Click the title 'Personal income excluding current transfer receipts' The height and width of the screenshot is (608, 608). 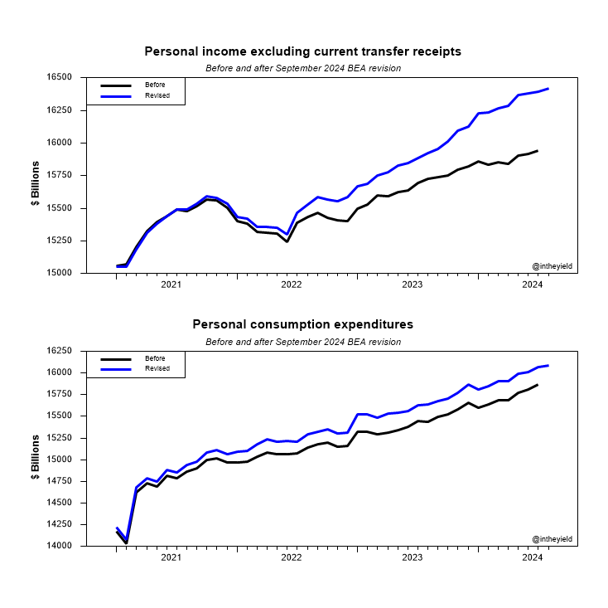point(302,51)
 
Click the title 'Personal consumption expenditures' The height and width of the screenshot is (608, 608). point(302,324)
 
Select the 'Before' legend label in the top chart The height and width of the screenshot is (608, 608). point(155,85)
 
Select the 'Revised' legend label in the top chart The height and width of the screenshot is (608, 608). point(157,95)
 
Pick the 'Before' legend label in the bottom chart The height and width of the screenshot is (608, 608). point(155,358)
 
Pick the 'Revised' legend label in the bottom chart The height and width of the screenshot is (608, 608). point(157,368)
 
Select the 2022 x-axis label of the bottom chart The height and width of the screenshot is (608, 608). point(292,558)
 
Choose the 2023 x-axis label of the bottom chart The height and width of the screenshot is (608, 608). point(412,558)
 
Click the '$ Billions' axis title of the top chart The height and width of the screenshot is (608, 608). point(36,175)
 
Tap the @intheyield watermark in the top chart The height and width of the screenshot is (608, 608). point(551,266)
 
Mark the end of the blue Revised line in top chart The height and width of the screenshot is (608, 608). point(548,89)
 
